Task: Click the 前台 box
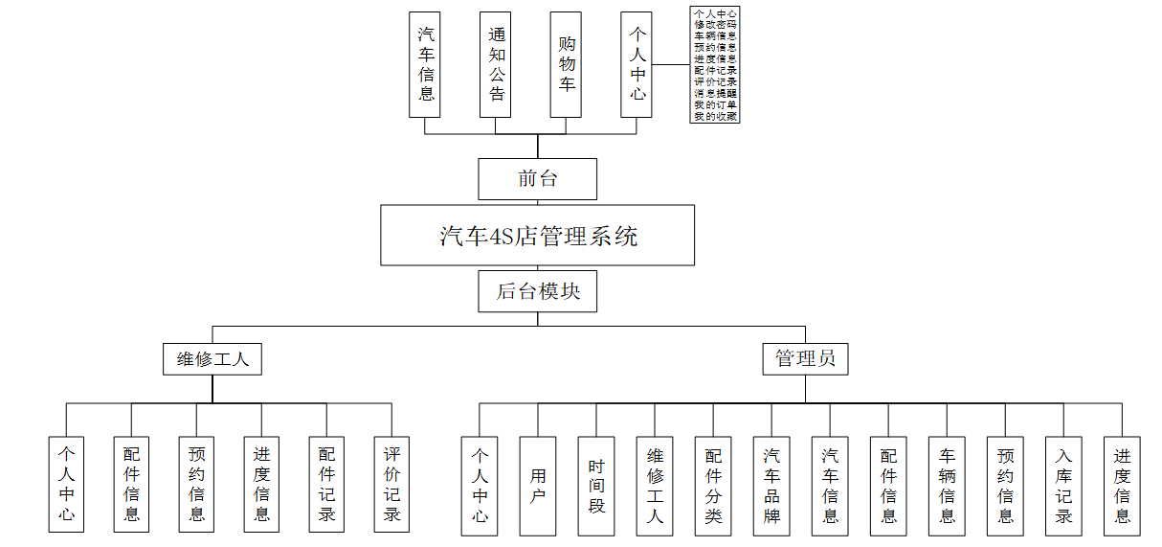point(537,179)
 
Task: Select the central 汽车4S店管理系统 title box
point(537,235)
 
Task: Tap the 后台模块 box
point(537,291)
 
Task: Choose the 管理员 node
point(805,359)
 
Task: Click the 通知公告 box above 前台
point(496,64)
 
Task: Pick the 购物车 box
point(567,64)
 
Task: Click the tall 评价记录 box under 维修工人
point(391,484)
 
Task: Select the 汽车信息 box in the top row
point(425,64)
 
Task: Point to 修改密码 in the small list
point(715,24)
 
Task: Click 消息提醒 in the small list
point(715,93)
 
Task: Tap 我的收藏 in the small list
point(715,116)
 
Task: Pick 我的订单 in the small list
point(715,104)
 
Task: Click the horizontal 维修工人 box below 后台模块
point(212,359)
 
